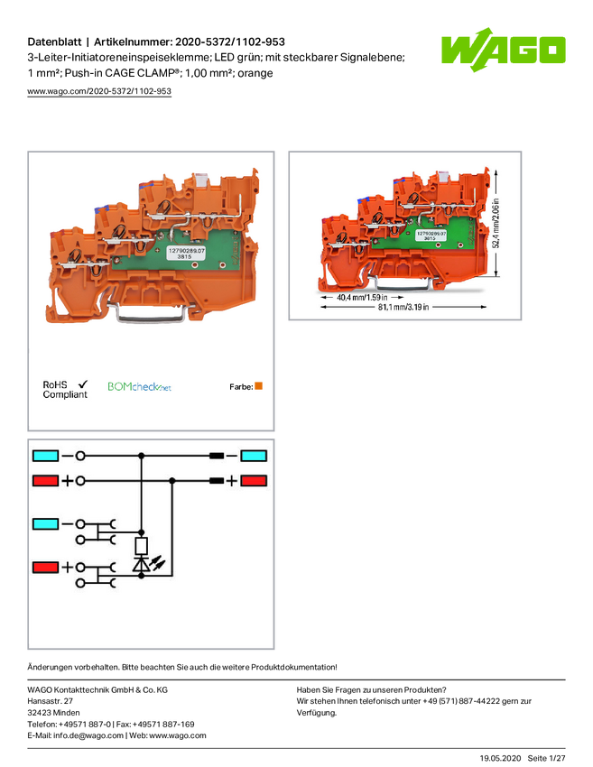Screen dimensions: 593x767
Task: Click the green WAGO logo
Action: tap(503, 50)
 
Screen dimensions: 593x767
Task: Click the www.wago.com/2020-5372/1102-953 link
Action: tap(99, 91)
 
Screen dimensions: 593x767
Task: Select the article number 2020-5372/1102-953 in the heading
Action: tap(230, 42)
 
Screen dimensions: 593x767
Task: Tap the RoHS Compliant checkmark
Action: tap(83, 384)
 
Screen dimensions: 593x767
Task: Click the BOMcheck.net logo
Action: tap(139, 387)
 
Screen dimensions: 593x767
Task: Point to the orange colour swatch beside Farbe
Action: tap(259, 386)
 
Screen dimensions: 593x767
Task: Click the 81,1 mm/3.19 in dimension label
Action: tap(403, 307)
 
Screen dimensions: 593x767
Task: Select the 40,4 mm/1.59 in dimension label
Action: tap(362, 298)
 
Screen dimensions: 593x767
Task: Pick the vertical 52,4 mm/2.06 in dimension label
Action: tap(496, 223)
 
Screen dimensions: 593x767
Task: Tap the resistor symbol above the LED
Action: tap(142, 546)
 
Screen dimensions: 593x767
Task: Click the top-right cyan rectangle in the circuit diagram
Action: tap(254, 456)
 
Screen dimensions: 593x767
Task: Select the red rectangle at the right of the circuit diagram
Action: tap(254, 481)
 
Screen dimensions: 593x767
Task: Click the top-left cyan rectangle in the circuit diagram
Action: tap(45, 456)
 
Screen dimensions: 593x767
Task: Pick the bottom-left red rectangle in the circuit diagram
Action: tap(45, 568)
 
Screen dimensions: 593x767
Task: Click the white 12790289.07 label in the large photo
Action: tap(187, 253)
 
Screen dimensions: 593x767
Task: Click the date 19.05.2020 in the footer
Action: tap(500, 758)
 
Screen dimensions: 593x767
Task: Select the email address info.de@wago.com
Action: tap(88, 735)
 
